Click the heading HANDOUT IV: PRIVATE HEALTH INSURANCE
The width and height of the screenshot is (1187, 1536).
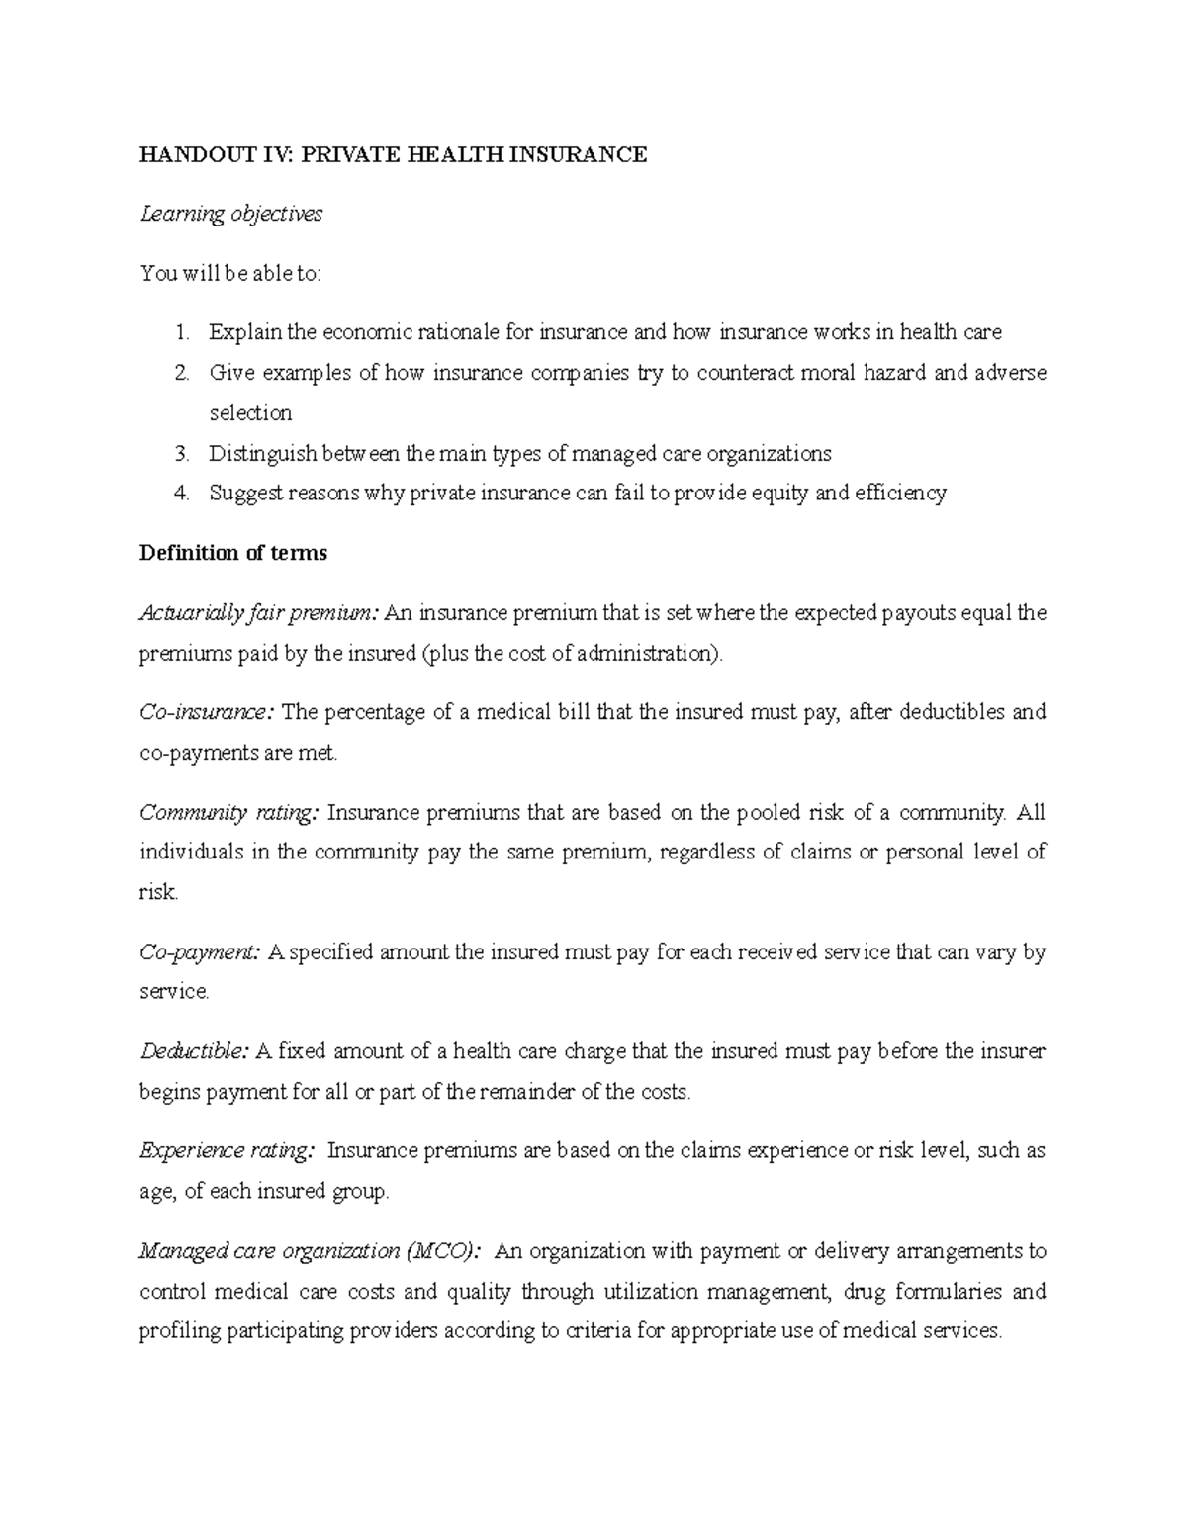[393, 154]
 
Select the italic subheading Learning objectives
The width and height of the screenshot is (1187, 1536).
[230, 214]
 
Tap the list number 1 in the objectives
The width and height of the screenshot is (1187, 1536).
[181, 333]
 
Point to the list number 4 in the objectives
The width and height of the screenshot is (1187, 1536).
[181, 494]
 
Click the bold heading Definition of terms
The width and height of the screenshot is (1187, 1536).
[232, 553]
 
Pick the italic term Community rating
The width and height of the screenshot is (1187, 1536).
[229, 813]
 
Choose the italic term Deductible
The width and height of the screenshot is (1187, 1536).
[194, 1051]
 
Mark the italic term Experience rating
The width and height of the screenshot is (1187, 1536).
[228, 1151]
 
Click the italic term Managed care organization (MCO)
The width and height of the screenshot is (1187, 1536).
[312, 1251]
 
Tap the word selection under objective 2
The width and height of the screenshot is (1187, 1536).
[250, 413]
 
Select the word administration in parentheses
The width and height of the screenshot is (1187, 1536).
[647, 654]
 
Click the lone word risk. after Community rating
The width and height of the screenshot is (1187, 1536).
[158, 892]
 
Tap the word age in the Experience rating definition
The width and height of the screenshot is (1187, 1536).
[156, 1192]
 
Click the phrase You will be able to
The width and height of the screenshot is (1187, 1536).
[230, 274]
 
